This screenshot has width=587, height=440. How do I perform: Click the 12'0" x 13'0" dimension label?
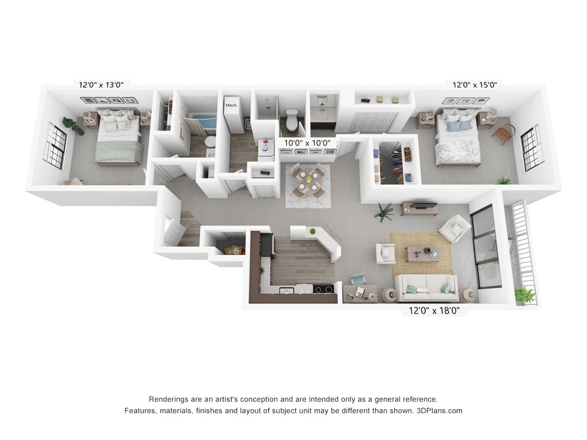101,84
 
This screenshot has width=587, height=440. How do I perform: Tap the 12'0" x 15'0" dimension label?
474,84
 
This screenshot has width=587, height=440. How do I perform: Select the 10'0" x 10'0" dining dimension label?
307,142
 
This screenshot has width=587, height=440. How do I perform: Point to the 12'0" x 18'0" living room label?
434,311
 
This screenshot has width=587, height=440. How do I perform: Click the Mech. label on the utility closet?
231,105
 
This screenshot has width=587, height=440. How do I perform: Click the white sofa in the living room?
426,287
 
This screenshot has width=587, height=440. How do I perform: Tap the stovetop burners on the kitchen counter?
324,289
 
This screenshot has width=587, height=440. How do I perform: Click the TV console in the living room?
420,209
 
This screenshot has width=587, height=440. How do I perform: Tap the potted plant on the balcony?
524,296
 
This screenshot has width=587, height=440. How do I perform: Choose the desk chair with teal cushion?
358,280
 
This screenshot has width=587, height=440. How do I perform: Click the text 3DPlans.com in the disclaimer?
439,411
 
